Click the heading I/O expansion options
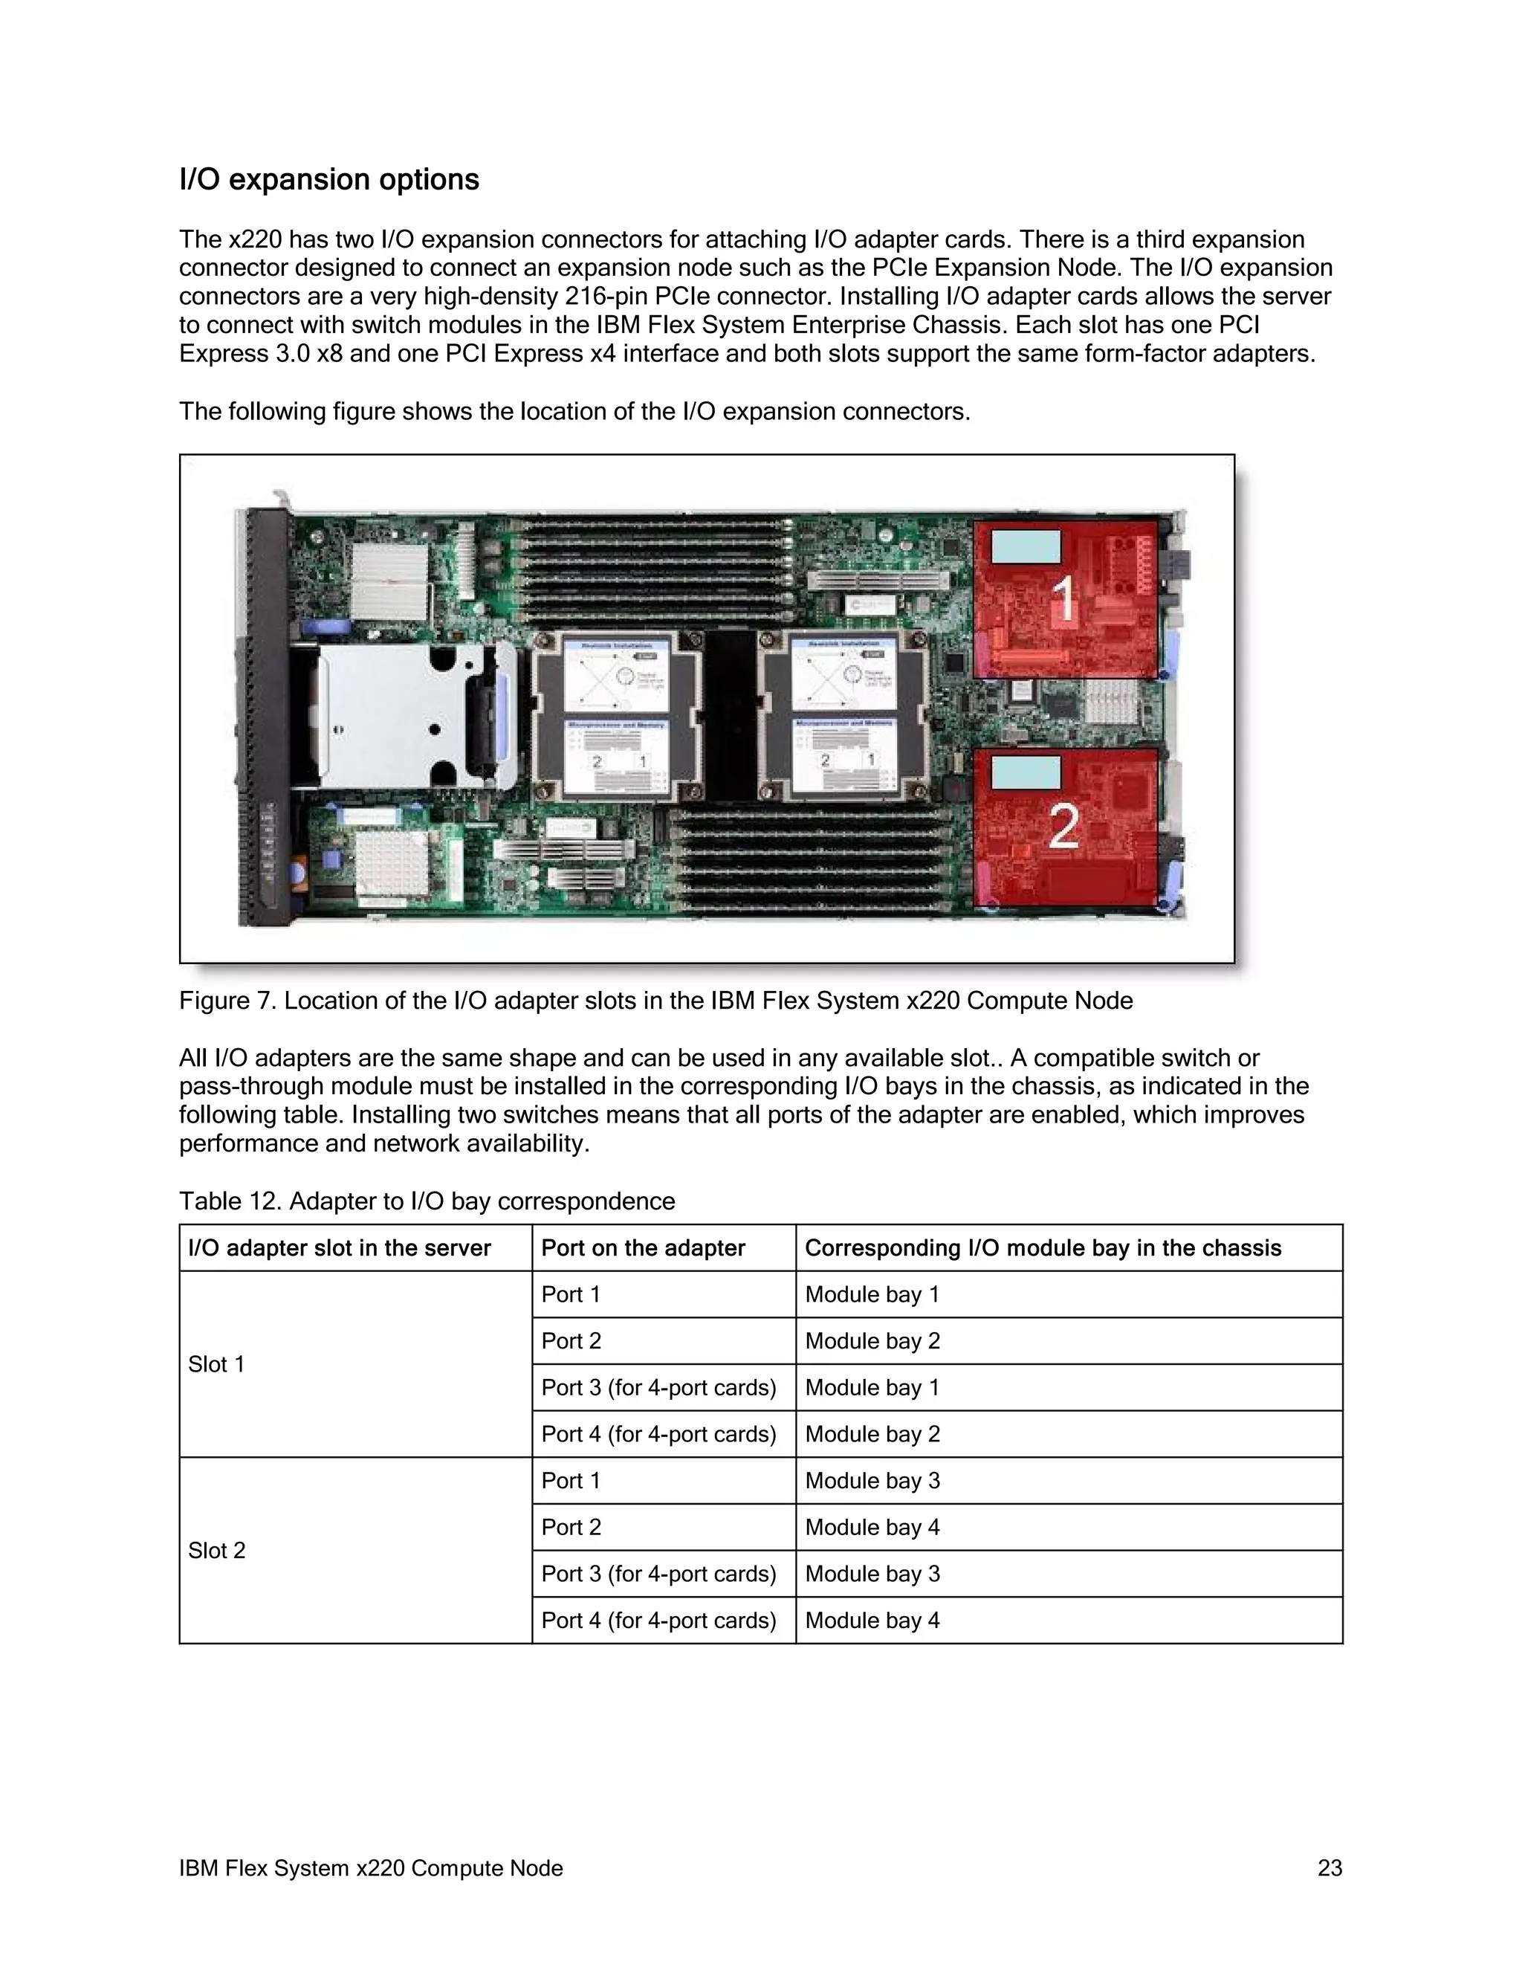(329, 179)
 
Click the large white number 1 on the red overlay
(1064, 599)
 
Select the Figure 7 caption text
(655, 1001)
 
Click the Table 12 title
(427, 1201)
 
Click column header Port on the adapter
(643, 1248)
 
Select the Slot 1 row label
(216, 1365)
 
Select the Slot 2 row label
(216, 1551)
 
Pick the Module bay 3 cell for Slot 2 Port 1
(872, 1481)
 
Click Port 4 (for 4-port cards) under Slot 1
(658, 1434)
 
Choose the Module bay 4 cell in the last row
(872, 1621)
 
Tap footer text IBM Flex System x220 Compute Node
(371, 1868)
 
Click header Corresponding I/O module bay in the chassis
(1043, 1248)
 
